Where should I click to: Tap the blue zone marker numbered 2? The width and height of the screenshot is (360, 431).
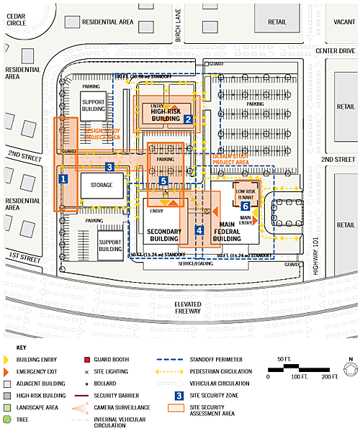tap(187, 119)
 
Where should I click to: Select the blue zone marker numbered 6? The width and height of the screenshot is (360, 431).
tap(246, 207)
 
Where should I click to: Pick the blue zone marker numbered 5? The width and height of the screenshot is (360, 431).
tap(164, 181)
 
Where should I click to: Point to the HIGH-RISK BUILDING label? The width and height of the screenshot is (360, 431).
tap(165, 115)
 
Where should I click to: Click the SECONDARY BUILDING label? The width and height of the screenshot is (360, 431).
tap(163, 235)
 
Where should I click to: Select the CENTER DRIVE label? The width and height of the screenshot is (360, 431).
tap(336, 50)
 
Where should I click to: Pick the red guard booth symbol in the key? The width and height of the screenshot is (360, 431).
tap(86, 358)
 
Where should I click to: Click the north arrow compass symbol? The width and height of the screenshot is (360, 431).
tap(348, 370)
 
